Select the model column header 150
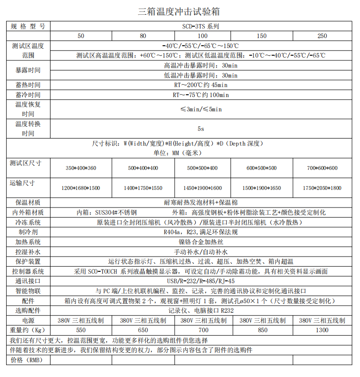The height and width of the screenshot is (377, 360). coord(261,36)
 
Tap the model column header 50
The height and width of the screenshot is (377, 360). coord(81,36)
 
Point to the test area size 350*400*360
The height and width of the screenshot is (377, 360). coord(81,168)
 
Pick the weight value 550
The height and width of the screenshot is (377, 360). coord(81,330)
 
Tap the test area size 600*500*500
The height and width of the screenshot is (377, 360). coord(261,168)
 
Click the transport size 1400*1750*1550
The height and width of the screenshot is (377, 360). coord(143,188)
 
